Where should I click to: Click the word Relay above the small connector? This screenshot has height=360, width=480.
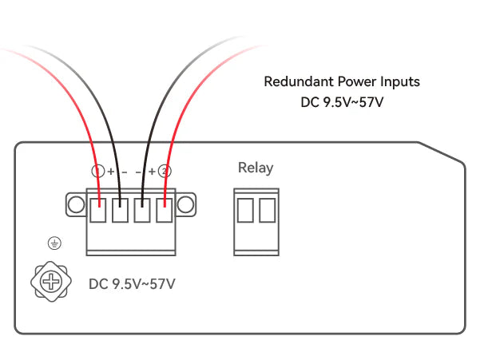pos(256,168)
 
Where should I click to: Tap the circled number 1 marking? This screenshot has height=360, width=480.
pos(98,171)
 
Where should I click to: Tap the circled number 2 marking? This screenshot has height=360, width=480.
pos(165,171)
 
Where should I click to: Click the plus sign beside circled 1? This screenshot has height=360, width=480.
pos(111,171)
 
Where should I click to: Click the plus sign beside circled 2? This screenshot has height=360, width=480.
pos(152,171)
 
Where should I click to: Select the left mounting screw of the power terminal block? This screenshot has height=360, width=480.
pos(76,204)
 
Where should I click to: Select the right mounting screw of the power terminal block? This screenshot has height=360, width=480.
pos(186,204)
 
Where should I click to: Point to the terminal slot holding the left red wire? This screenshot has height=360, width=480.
pos(98,212)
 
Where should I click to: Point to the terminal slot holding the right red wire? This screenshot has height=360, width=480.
pos(165,212)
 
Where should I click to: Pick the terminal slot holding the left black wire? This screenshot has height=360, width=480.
pos(120,212)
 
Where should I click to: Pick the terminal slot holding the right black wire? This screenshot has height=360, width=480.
pos(142,212)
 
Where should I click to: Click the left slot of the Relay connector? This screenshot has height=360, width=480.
pos(246,210)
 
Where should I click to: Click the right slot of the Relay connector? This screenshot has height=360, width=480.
pos(267,210)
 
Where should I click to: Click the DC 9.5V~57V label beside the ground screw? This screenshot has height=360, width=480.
pos(133,283)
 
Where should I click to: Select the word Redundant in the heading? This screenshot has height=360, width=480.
pos(294,81)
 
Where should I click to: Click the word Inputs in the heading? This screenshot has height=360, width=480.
pos(400,81)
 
